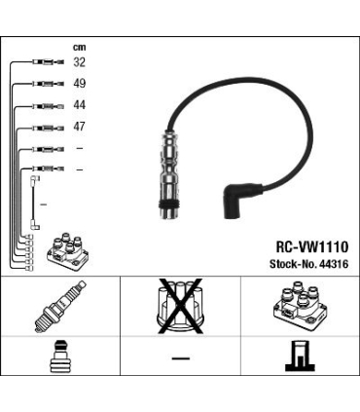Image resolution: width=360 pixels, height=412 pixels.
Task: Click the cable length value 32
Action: coord(79,61)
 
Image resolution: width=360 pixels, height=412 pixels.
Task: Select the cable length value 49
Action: coord(79,83)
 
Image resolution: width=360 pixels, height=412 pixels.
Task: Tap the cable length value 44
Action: coord(79,104)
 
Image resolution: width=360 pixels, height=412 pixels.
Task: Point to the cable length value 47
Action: coord(79,126)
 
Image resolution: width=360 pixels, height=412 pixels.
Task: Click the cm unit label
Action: coord(79,48)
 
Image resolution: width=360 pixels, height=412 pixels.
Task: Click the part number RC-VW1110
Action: coord(312,247)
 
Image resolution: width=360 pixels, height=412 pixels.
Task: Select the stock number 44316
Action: coord(334,264)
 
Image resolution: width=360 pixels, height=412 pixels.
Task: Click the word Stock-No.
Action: coord(294,264)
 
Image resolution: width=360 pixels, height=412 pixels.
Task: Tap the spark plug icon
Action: coord(60,307)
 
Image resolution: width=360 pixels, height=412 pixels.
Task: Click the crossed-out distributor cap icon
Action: coord(180,306)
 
